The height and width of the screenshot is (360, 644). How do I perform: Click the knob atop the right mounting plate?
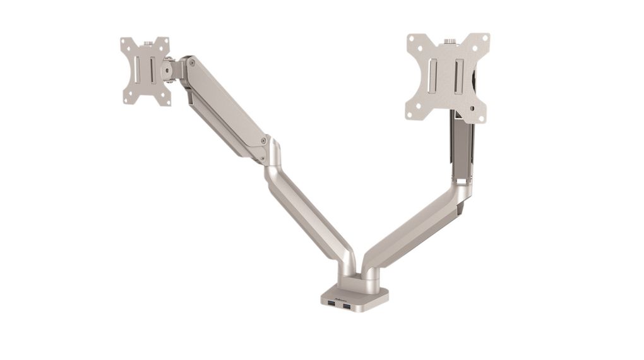point(449,42)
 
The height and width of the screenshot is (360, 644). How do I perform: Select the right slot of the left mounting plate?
point(152,70)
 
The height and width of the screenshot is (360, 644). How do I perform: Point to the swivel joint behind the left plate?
point(169,69)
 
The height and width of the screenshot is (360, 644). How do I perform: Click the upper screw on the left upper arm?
point(192,63)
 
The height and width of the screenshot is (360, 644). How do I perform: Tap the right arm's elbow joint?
point(463,186)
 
